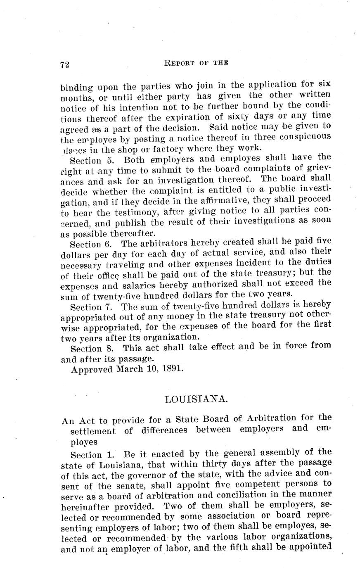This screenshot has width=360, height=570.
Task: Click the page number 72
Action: pos(64,64)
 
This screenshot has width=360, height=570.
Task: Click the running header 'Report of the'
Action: pos(196,63)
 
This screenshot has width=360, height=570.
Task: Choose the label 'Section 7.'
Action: pos(89,307)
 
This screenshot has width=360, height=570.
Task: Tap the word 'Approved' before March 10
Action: pos(92,369)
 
